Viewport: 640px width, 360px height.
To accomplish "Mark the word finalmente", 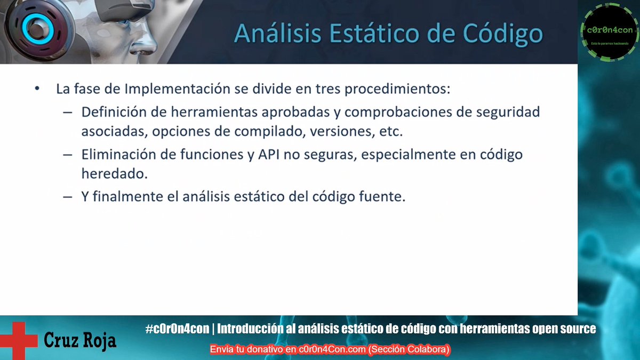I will click(x=127, y=196).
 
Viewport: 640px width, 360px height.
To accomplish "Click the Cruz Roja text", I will click(x=80, y=340).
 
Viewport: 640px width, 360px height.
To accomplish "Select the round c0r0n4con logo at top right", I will click(x=610, y=32).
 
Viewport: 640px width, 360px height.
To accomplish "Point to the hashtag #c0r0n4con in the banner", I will click(x=177, y=329).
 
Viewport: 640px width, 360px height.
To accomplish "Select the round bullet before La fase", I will click(x=37, y=89).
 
